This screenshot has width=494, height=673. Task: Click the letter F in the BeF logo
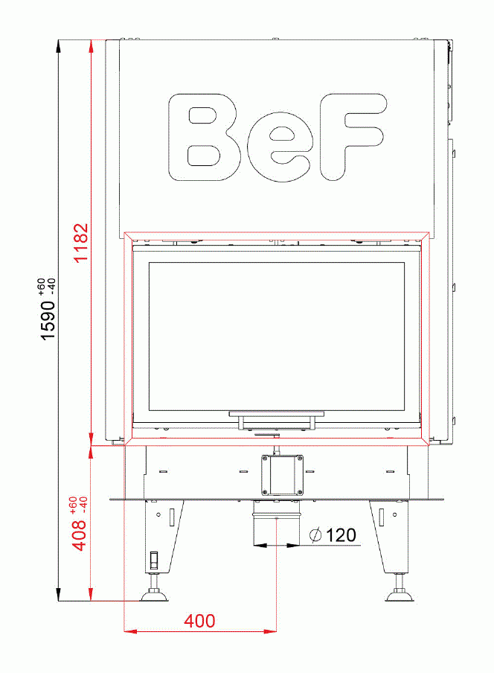(x=352, y=135)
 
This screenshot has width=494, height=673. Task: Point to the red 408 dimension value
(x=80, y=535)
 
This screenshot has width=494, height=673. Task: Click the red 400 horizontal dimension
(x=200, y=621)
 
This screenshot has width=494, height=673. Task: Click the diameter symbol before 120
(x=315, y=535)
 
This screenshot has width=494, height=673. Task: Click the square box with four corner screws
(x=282, y=474)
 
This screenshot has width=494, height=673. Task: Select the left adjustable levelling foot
(x=155, y=593)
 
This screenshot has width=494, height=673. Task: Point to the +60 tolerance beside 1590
(x=41, y=286)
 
